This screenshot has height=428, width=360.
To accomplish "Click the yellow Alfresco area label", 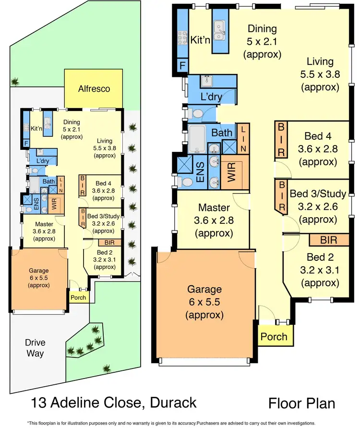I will point(94,88).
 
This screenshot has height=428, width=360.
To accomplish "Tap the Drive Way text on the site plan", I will point(36,348).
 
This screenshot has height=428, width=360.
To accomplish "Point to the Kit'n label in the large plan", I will point(200,39).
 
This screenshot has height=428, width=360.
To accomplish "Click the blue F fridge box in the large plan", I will point(182,66).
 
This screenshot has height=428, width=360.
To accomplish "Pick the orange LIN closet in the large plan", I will point(243,138).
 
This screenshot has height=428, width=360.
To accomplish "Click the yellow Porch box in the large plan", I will point(274,337).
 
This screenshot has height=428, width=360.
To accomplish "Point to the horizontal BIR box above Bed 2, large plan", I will point(329,240).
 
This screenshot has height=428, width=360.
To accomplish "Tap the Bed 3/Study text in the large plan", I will point(318,194).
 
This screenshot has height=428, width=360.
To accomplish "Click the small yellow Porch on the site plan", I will point(78,297).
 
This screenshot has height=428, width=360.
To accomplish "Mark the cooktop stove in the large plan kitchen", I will point(182,35).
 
